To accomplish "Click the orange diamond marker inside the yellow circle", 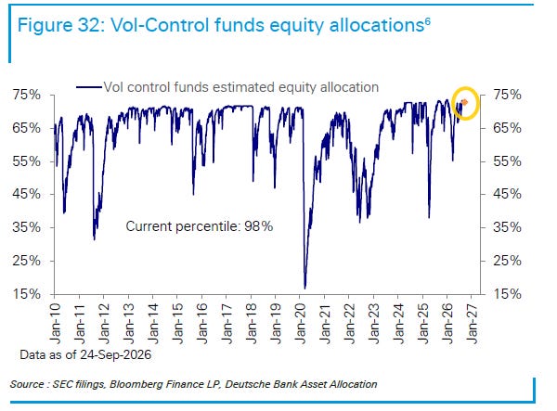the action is point(464,103).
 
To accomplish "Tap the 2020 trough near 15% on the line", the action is point(304,288).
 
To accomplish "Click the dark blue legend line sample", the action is point(89,87).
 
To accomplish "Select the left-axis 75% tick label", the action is point(26,96).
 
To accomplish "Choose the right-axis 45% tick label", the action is point(507,194).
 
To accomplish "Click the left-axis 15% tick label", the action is point(26,294).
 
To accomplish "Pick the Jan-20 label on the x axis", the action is point(301,324).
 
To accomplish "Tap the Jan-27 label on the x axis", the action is point(473,324).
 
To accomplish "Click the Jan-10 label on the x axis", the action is point(56,324).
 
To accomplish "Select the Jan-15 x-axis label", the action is point(178,324).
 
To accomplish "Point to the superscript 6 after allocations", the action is point(427,21).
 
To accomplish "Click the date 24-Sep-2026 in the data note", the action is point(115,354).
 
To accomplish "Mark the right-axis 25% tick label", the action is point(507,261).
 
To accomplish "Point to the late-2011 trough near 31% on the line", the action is point(94,238).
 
